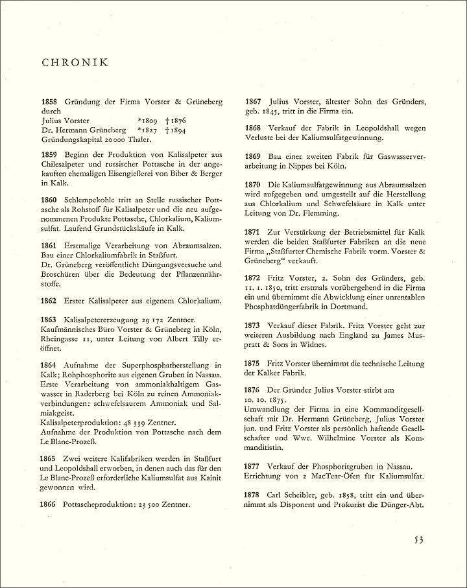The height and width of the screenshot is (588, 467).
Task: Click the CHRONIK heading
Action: tap(75, 64)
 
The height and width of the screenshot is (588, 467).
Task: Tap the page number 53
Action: tap(420, 541)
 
